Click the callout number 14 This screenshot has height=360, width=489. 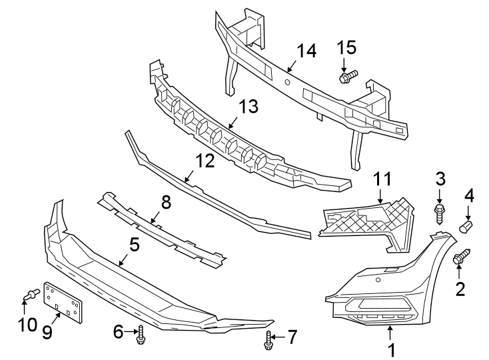pos(306,51)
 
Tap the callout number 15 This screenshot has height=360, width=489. pos(346,47)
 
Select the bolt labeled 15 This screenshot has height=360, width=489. pos(348,77)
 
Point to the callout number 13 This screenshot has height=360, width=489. pos(248,107)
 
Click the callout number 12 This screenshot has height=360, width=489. pos(205,161)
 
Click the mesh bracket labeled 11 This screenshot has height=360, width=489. pos(365,220)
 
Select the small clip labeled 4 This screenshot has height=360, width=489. pos(466,227)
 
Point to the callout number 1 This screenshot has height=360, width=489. pos(392,348)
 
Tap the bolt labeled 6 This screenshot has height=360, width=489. pos(141,337)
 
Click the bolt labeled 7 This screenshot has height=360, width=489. pos(267,341)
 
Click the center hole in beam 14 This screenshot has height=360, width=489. pos(286,82)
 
